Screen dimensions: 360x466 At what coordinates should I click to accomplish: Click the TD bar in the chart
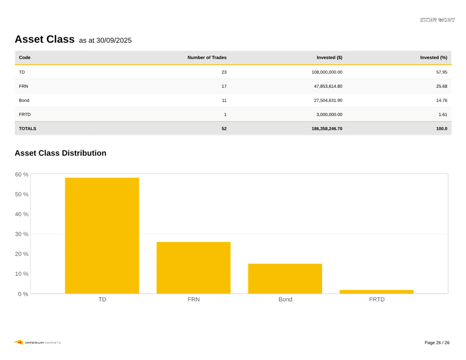[102, 235]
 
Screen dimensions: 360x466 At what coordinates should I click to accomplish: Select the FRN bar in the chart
[193, 267]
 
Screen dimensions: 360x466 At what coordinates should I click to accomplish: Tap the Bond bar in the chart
[285, 279]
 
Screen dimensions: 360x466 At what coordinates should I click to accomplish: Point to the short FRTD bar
[376, 292]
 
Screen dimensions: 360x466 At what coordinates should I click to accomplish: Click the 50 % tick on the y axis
[22, 194]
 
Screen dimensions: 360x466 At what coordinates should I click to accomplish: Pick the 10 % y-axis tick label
[22, 274]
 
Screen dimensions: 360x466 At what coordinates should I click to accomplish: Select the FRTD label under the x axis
[377, 299]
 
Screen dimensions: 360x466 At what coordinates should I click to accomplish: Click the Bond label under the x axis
[285, 299]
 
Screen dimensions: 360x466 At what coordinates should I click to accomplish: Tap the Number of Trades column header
[207, 58]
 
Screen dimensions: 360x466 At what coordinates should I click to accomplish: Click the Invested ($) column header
[329, 58]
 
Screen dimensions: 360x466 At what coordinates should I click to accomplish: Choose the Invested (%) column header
[434, 58]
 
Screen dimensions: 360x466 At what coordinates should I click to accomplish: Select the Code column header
[25, 58]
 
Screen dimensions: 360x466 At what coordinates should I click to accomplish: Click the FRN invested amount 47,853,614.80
[328, 86]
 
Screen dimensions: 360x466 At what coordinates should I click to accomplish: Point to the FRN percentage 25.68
[442, 86]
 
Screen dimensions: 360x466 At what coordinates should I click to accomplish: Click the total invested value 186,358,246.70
[326, 128]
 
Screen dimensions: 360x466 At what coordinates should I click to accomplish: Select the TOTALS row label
[28, 128]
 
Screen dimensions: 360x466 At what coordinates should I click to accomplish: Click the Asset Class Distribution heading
[60, 153]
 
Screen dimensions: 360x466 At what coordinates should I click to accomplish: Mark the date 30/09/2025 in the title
[114, 41]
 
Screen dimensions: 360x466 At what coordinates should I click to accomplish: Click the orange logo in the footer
[18, 342]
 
